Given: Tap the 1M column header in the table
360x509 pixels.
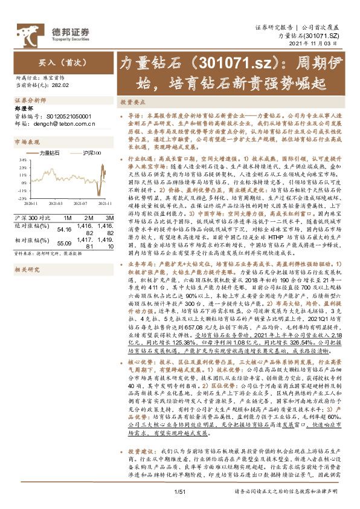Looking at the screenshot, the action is point(67,217).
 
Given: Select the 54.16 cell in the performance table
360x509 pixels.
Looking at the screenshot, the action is point(64,229).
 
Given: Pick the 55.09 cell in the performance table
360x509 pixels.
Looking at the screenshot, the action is point(64,242).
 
